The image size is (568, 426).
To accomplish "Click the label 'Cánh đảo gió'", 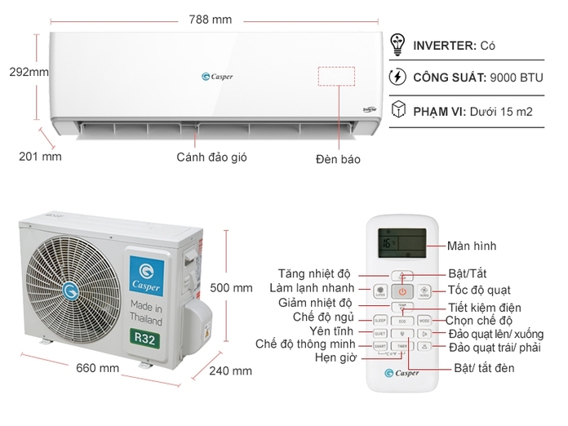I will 211,156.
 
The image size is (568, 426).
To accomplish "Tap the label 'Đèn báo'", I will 338,158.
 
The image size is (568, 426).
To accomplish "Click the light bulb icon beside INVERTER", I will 399,45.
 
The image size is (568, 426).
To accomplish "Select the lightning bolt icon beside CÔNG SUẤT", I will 399,78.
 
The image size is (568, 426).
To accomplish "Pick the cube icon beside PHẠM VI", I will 399,110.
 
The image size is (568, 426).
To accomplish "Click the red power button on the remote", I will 402,291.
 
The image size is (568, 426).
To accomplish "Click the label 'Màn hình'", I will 472,246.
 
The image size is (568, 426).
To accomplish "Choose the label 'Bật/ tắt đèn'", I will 484,369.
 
